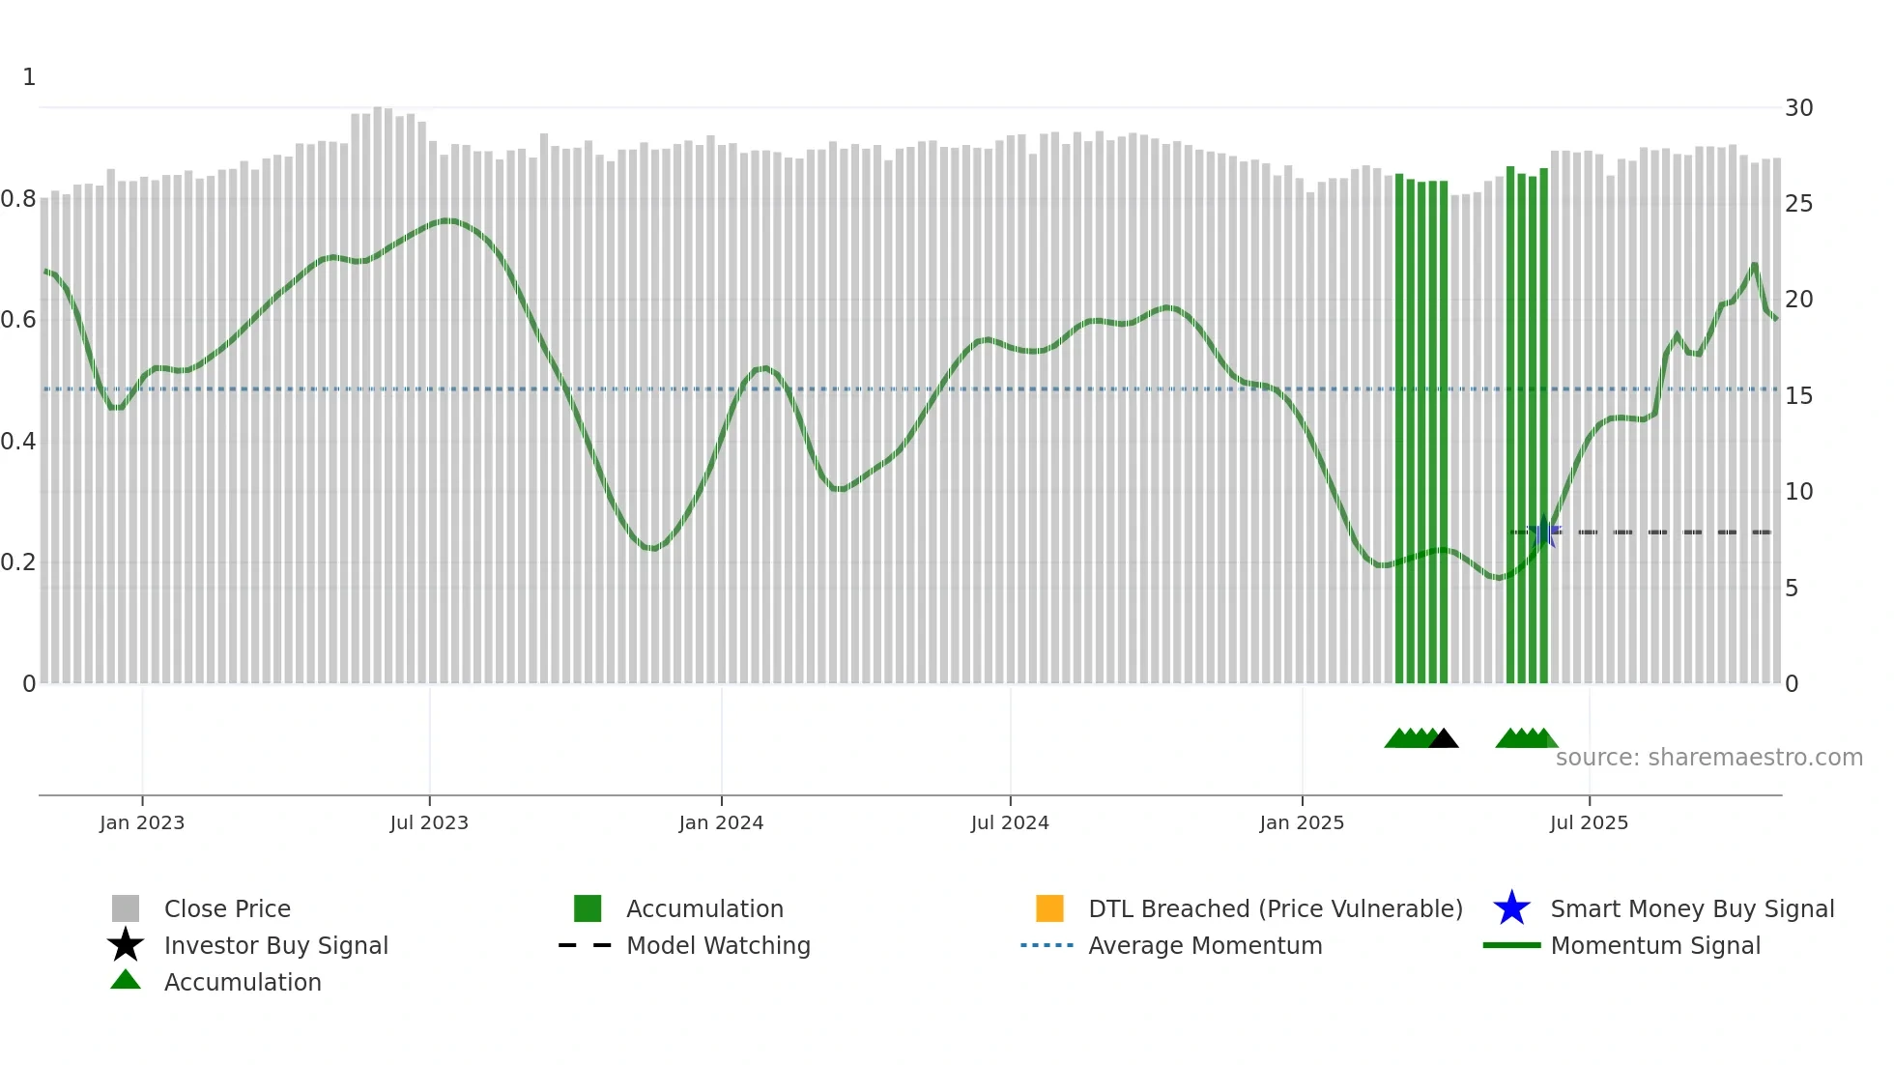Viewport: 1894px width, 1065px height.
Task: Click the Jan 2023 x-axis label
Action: (x=142, y=822)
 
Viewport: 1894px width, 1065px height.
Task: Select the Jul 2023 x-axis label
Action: (x=429, y=822)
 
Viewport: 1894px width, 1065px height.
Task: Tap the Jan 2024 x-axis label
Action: (x=721, y=822)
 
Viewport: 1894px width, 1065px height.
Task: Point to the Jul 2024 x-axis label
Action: (x=1010, y=822)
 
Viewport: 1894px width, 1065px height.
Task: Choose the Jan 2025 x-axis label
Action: (x=1302, y=822)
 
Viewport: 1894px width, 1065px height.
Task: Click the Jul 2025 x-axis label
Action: (x=1589, y=822)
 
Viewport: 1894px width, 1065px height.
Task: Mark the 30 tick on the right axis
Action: (x=1798, y=108)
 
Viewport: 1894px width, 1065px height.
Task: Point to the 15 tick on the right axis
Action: (x=1798, y=396)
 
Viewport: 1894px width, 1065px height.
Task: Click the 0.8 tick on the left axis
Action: (x=18, y=200)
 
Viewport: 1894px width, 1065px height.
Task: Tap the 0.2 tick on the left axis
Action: (x=18, y=562)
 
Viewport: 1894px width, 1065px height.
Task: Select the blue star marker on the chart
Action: (x=1543, y=532)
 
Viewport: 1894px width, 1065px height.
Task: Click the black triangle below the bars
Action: (x=1444, y=739)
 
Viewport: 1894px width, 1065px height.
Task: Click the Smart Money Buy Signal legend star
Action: (x=1511, y=908)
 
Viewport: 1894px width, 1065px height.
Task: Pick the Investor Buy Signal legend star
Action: (x=126, y=945)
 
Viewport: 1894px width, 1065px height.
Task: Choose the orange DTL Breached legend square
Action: (x=1049, y=908)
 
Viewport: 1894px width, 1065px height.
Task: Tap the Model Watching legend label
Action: (x=718, y=945)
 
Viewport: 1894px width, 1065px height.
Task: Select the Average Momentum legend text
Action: (x=1205, y=945)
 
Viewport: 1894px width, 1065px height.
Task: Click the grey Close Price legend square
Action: (x=126, y=908)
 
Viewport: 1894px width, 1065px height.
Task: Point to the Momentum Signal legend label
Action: (x=1655, y=945)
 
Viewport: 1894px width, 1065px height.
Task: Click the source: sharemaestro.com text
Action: (x=1708, y=758)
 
